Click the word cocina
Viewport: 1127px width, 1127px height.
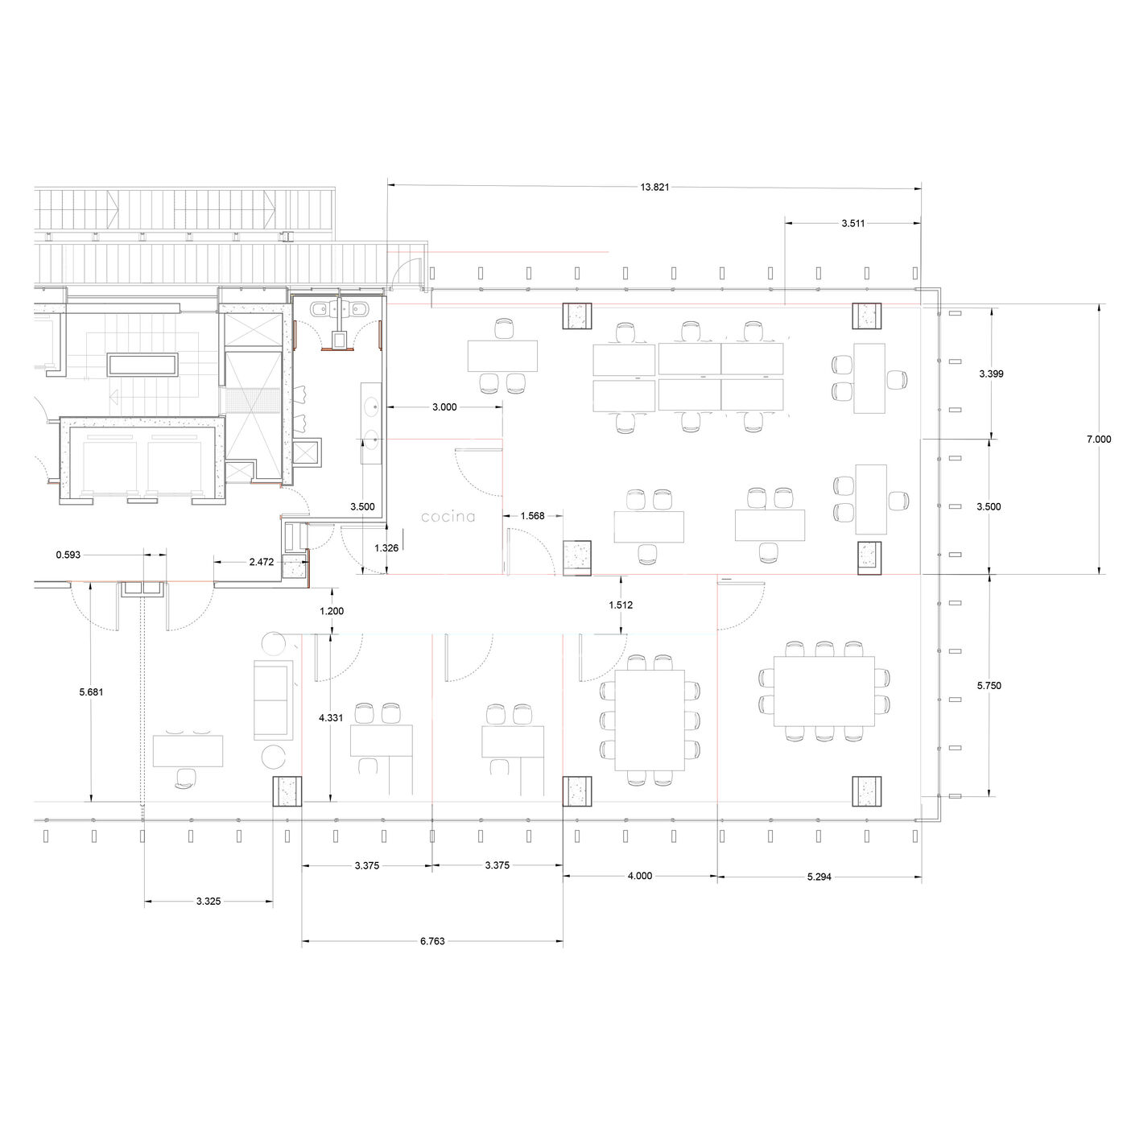448,517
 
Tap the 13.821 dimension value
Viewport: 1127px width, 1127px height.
654,187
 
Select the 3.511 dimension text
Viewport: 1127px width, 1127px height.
852,223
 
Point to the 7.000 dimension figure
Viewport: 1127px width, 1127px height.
1098,440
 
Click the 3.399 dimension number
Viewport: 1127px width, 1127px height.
991,374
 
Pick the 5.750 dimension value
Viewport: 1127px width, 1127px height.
989,685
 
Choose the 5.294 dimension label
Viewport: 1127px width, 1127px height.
819,877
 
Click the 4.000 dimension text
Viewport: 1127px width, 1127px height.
640,876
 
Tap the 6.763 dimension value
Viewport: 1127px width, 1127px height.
432,941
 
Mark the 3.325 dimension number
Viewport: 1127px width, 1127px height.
208,902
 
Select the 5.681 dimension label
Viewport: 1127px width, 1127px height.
91,691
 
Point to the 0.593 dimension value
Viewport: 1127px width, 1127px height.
68,555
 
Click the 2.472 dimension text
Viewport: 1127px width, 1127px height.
262,561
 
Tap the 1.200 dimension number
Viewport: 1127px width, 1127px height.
332,611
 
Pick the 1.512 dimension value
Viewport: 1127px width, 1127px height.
621,605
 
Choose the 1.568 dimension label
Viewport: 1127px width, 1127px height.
532,516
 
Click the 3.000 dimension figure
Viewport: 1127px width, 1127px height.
444,407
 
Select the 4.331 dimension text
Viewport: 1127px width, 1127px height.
331,717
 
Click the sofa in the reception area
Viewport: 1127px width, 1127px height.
273,700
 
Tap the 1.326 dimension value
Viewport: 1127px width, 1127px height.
386,548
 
